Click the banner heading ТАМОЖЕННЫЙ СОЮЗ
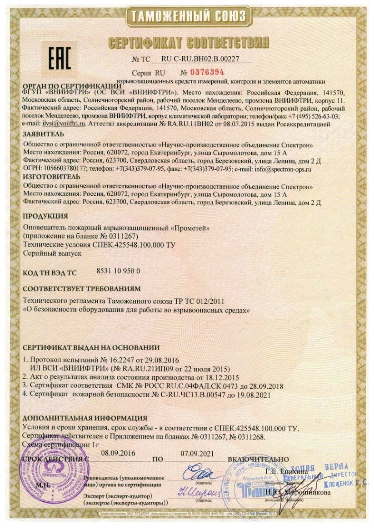point(188,17)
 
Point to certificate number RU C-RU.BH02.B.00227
point(200,59)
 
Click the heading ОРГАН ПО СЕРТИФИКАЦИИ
point(69,86)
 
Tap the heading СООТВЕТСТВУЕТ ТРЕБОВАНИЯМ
point(81,288)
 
